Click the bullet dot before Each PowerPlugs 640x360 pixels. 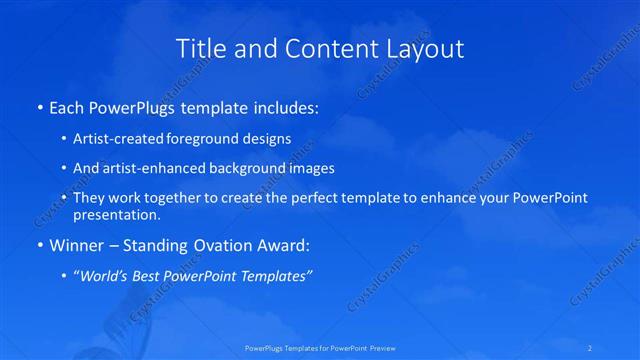[x=38, y=105]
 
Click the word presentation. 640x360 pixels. [x=116, y=214]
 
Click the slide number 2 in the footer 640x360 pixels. [x=592, y=347]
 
